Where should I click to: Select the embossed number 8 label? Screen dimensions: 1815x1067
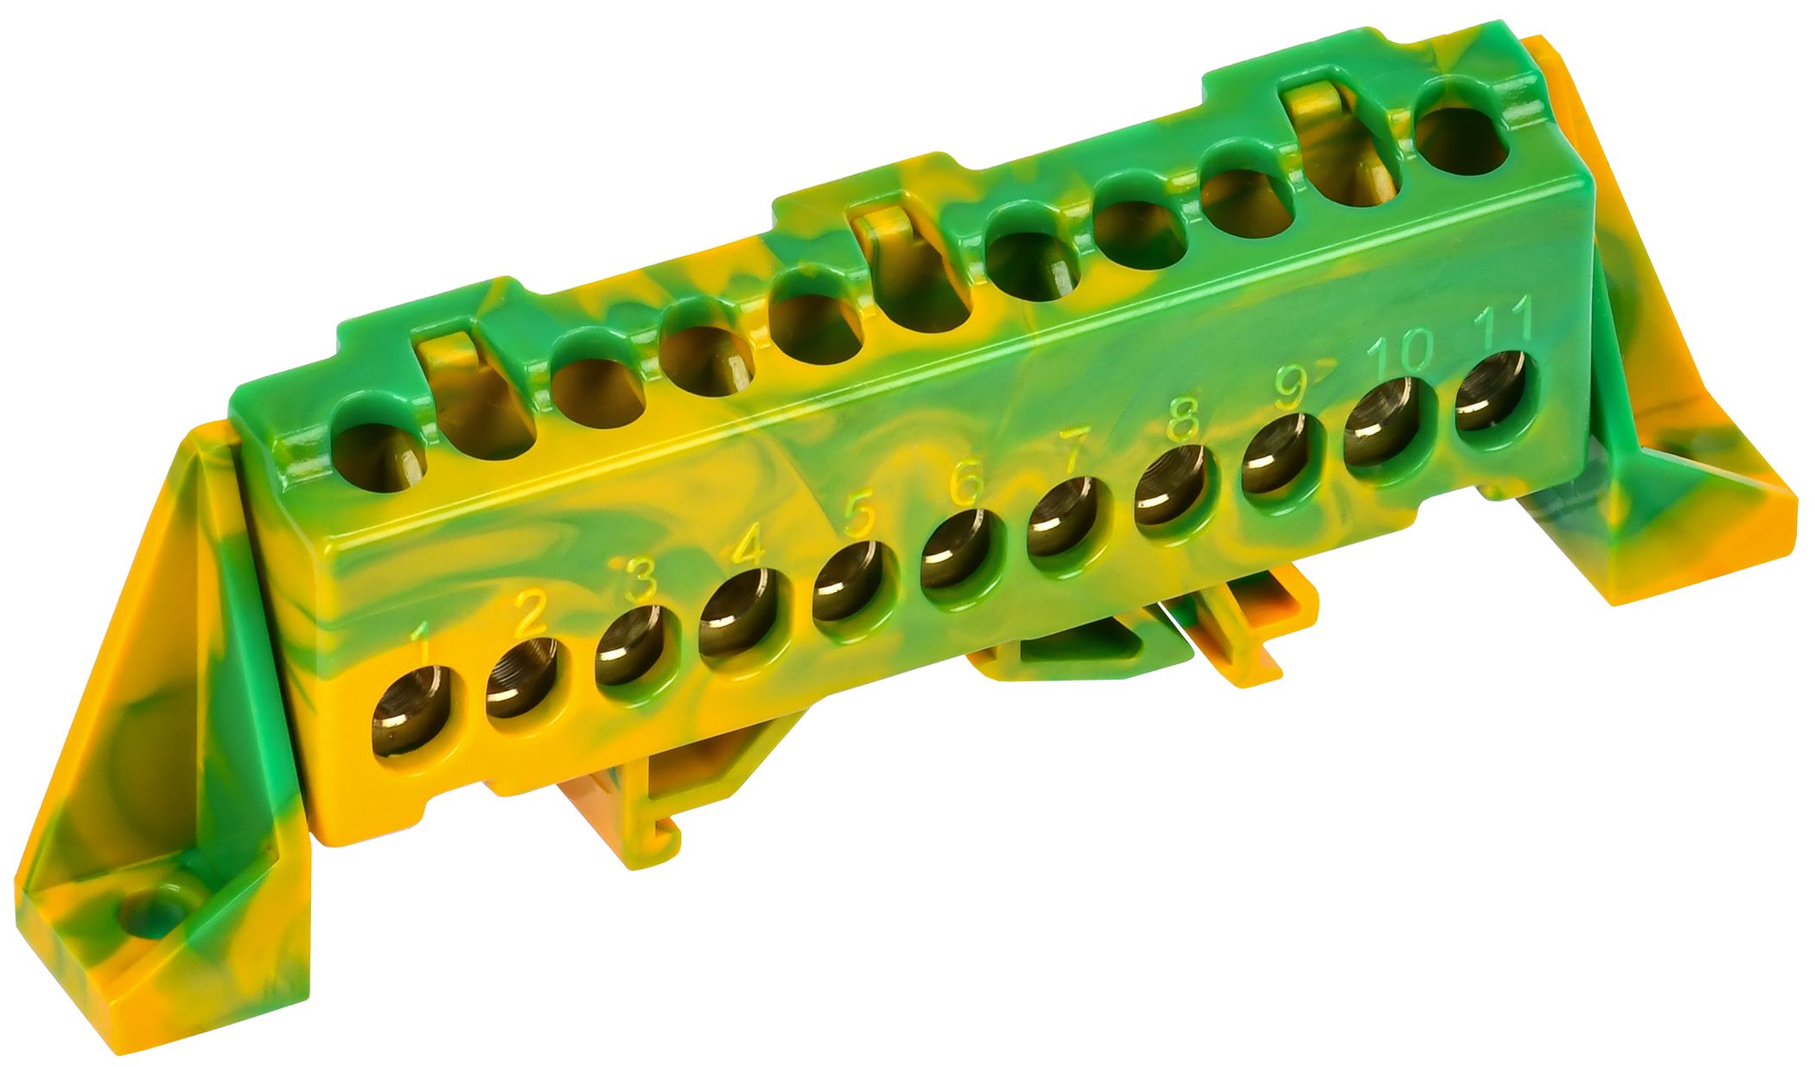(x=1182, y=419)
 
